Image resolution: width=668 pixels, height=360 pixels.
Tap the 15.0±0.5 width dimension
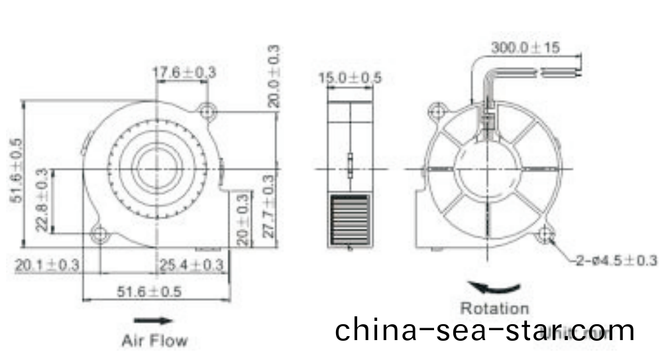tap(349, 78)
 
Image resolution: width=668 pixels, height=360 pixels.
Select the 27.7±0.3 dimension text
tap(268, 210)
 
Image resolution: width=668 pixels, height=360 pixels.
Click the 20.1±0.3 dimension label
tap(47, 265)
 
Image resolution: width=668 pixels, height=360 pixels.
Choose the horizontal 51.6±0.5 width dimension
tap(150, 292)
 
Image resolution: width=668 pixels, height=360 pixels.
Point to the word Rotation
tap(495, 308)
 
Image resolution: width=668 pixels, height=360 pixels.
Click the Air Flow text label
tap(154, 341)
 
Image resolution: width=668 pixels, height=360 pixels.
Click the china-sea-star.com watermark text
tap(484, 330)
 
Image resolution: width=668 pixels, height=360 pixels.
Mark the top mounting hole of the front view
tap(208, 112)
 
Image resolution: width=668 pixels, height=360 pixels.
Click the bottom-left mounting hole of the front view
tap(101, 233)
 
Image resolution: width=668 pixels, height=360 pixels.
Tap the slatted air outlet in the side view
tap(348, 219)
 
